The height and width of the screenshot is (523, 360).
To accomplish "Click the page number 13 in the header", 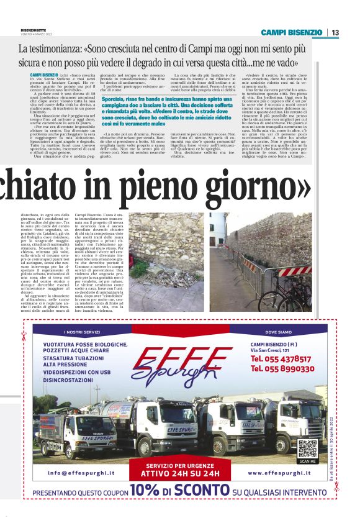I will click(335, 32).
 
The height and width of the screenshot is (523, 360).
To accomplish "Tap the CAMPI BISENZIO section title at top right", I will click(291, 32).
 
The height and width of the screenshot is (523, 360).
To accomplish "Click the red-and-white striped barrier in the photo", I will click(294, 271).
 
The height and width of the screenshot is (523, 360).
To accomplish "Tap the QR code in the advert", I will click(307, 448).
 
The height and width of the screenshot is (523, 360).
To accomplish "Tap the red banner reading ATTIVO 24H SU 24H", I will click(182, 473).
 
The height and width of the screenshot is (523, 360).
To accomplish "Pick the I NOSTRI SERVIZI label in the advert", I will click(81, 332).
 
